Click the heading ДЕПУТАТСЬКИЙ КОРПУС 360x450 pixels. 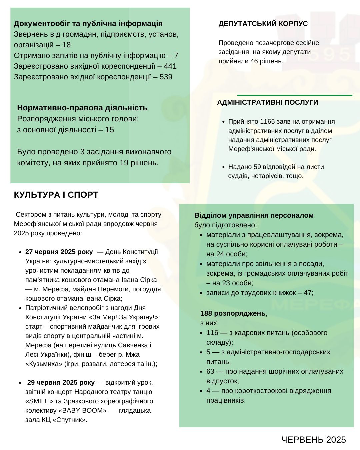[263, 24]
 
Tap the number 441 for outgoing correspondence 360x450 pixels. [170, 66]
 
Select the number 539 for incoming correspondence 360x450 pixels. [166, 77]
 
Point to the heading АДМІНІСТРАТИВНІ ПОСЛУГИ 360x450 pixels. [267, 102]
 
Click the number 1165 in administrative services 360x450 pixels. [267, 121]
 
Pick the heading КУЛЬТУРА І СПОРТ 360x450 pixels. [56, 195]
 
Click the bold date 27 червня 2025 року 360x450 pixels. [59, 252]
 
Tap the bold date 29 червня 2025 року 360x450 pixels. [61, 382]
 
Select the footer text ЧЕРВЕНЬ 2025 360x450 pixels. [313, 440]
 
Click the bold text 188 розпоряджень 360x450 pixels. [233, 313]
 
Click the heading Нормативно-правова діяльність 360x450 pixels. [82, 108]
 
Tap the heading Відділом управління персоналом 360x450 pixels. [254, 215]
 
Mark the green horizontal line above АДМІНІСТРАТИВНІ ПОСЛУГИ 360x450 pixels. [294, 95]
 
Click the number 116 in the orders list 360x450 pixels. [212, 333]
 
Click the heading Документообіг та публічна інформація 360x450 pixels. [88, 24]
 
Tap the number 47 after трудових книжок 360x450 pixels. [308, 293]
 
